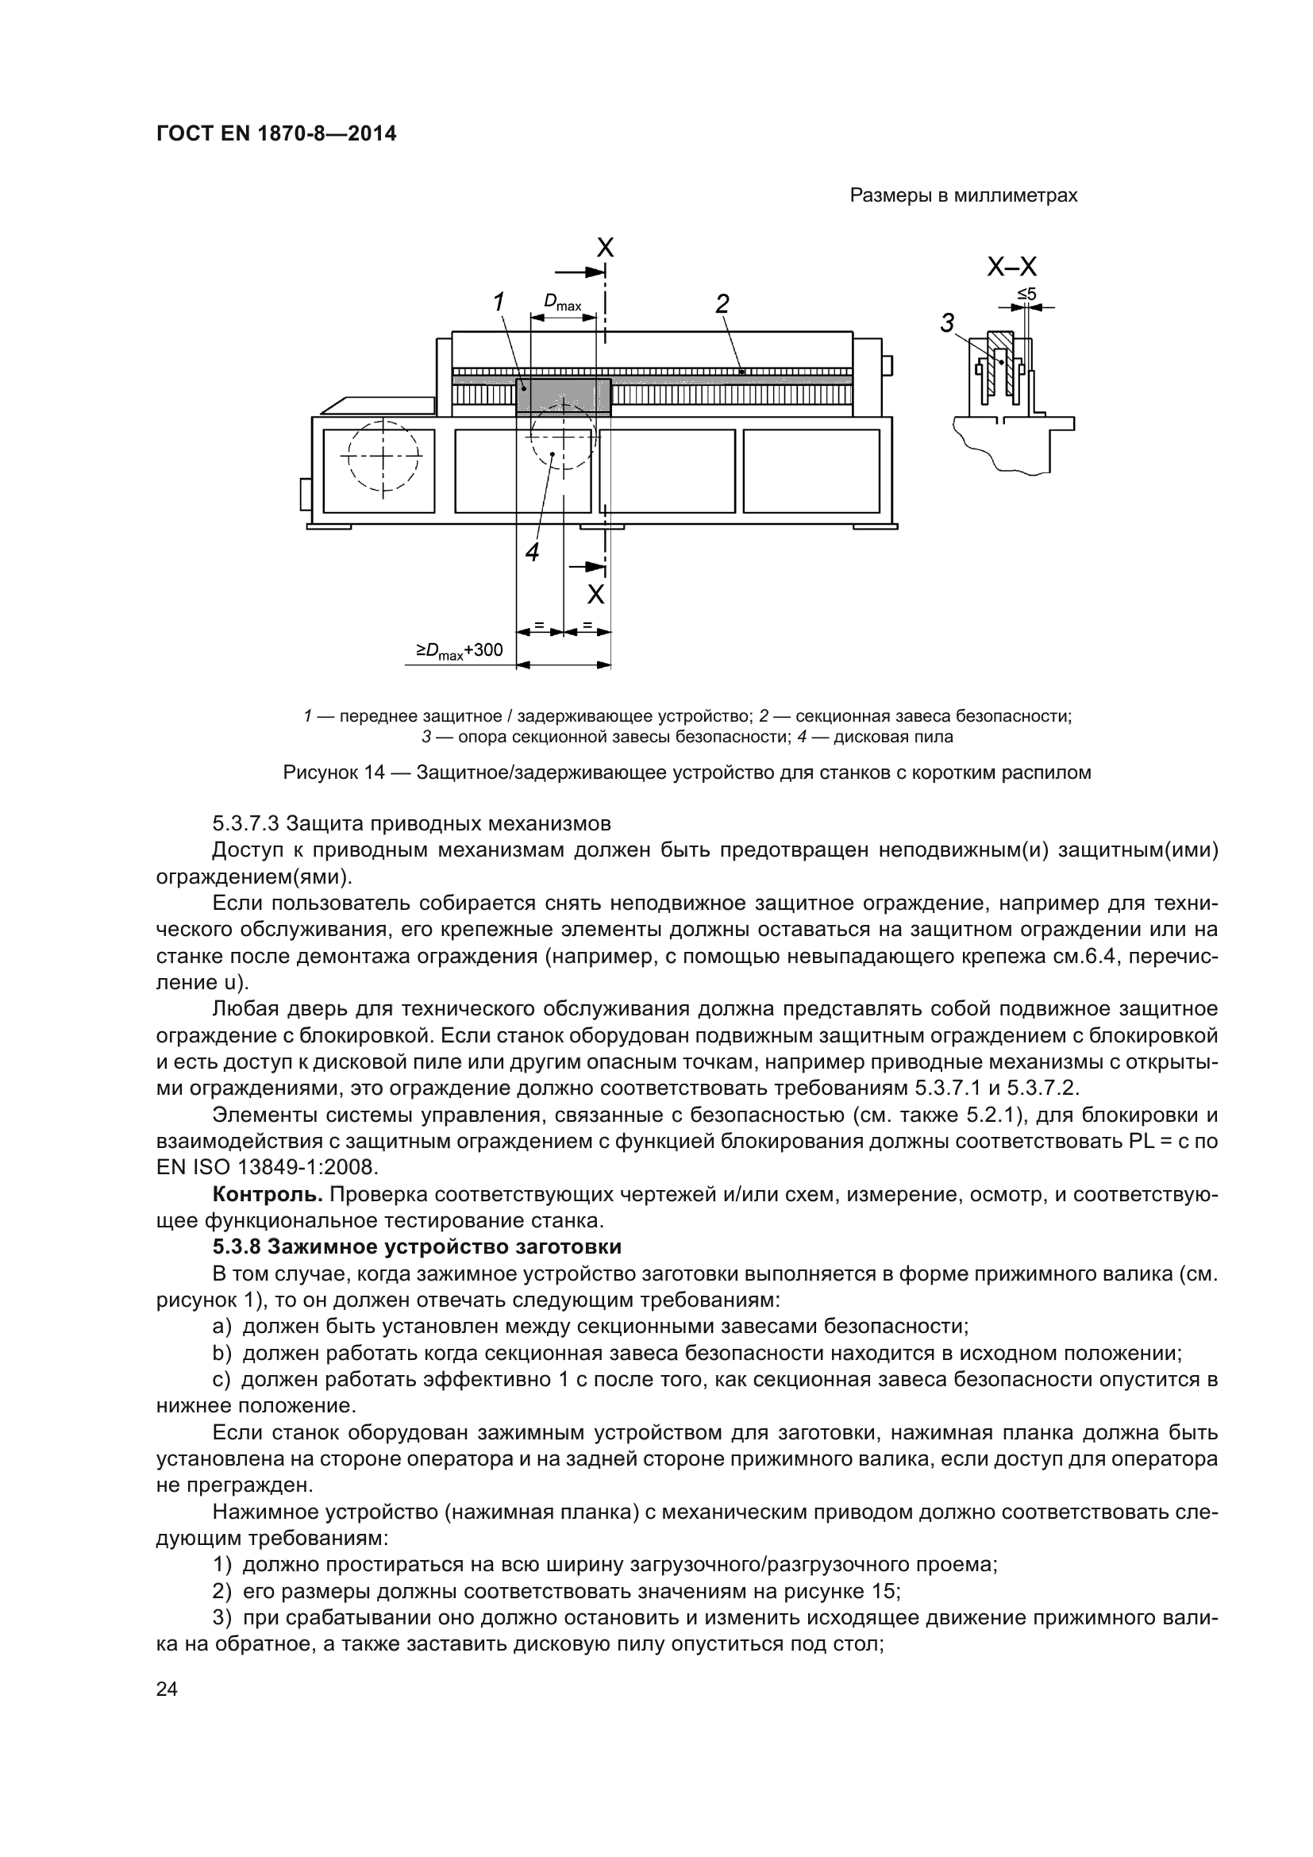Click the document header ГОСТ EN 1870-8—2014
[276, 133]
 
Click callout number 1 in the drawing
[499, 302]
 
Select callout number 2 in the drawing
[722, 303]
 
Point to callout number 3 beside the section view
[948, 322]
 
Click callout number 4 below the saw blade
[532, 553]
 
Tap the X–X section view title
[1011, 267]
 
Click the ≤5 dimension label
[1026, 294]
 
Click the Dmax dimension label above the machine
[563, 302]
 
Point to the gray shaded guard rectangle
[564, 396]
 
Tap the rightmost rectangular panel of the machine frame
[811, 471]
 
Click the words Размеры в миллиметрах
[963, 196]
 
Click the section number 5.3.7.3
[246, 823]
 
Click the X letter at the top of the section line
[605, 248]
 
